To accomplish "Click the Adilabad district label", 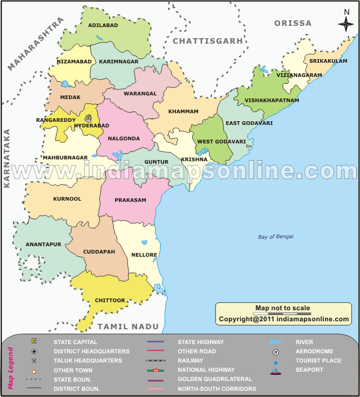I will [x=103, y=26].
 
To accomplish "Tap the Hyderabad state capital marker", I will [x=88, y=118].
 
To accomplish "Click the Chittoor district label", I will [x=110, y=300].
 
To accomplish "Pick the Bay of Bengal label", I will [x=276, y=236].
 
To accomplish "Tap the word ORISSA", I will [x=294, y=23].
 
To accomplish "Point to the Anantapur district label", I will [x=44, y=244].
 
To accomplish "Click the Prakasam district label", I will [x=131, y=199].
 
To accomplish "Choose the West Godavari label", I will [x=222, y=142].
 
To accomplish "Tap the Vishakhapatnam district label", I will [x=271, y=100].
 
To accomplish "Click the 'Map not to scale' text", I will [x=282, y=308].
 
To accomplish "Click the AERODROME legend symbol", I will [x=276, y=351].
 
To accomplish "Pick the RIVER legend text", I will [x=304, y=342].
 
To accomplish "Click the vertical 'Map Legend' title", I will [x=10, y=368].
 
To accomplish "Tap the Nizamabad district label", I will [x=74, y=62].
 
